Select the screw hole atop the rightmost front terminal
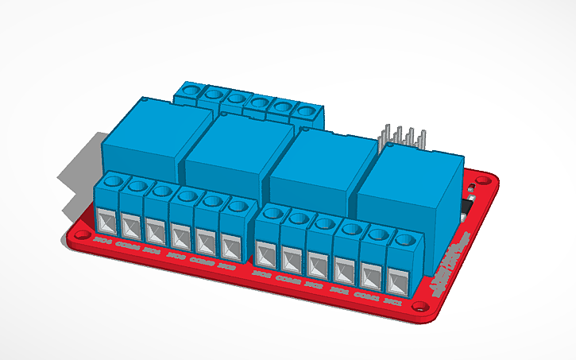tap(404, 238)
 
